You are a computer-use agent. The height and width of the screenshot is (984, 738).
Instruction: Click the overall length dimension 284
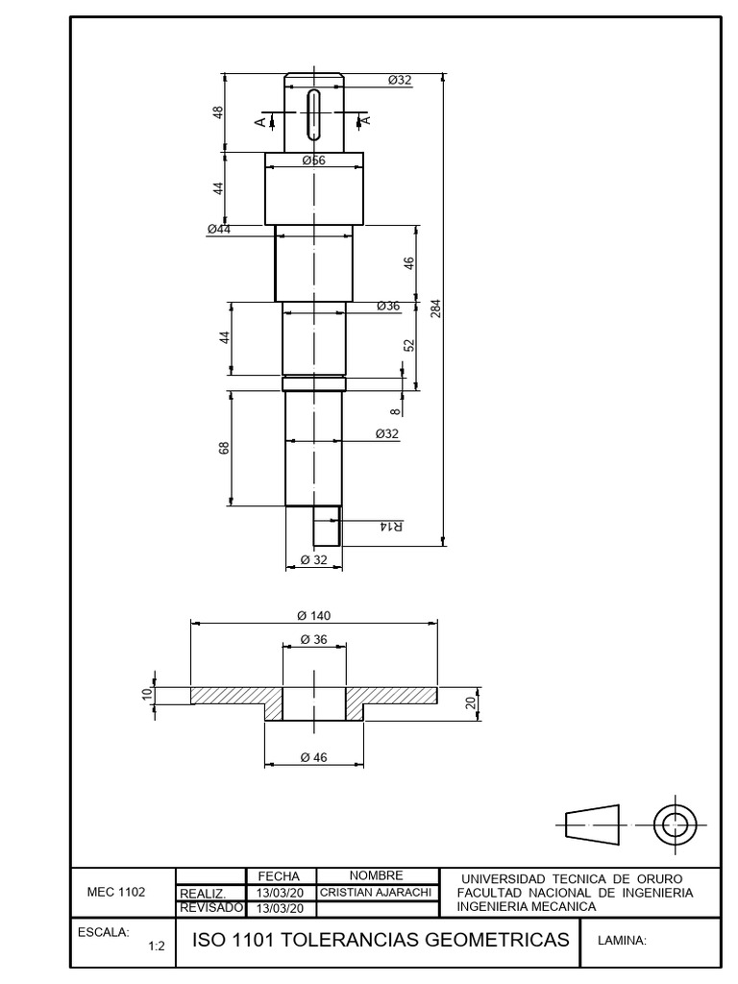436,308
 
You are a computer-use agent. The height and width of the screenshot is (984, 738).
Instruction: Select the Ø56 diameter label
314,160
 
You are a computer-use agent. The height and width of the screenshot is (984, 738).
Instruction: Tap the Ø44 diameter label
219,229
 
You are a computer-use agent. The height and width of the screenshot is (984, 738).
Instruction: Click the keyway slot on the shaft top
314,115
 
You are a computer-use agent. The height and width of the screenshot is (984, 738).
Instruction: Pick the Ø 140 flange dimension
314,616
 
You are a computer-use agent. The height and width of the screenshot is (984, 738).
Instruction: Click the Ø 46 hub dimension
314,757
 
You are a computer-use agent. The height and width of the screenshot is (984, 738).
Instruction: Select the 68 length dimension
225,448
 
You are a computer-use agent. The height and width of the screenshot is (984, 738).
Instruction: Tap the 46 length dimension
409,263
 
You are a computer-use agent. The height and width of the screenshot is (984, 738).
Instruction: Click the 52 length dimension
409,346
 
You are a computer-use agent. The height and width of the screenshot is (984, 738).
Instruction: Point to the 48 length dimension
218,112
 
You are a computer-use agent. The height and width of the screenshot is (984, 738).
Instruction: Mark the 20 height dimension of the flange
471,703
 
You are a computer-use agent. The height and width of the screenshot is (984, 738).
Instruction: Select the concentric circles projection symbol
676,824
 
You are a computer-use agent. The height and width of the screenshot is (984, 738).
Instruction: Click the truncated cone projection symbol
592,824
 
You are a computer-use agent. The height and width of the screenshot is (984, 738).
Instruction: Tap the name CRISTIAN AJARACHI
376,892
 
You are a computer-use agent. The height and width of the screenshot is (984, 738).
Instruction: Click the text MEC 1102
116,892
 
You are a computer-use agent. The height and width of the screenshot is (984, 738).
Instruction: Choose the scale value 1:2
157,947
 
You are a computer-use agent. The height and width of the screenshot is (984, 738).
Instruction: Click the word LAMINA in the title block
622,941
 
